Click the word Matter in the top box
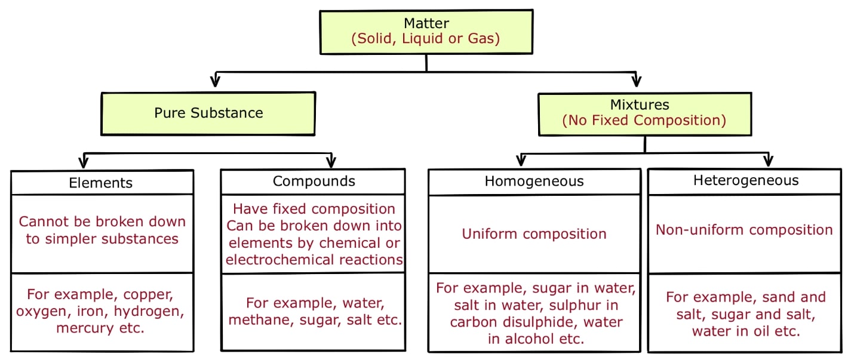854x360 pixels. (x=426, y=23)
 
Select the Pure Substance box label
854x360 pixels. (x=208, y=113)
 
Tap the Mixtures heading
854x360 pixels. (x=644, y=104)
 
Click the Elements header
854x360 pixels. (x=101, y=182)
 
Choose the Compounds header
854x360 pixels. (x=314, y=181)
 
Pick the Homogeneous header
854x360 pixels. (x=534, y=181)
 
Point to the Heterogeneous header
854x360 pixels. (x=745, y=180)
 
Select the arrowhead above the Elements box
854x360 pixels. (x=84, y=162)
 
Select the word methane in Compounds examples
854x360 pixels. (x=254, y=319)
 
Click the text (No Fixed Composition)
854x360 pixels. (x=644, y=120)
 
